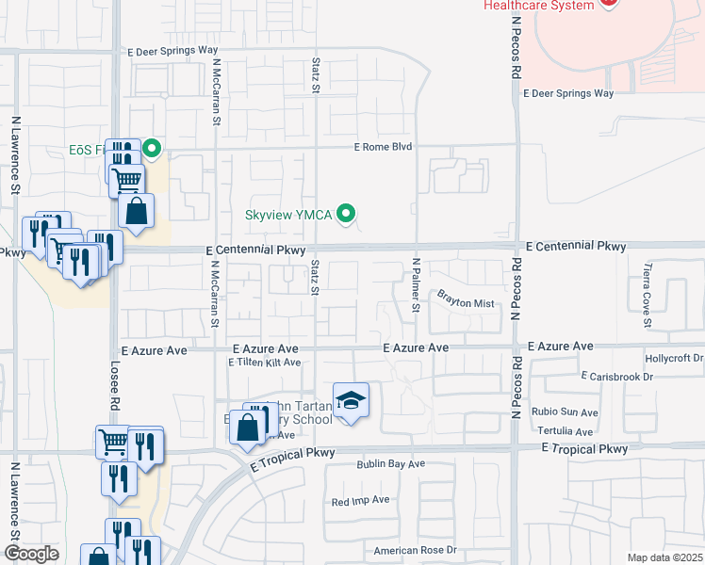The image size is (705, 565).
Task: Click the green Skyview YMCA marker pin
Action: (x=348, y=215)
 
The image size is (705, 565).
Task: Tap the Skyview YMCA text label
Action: (x=288, y=215)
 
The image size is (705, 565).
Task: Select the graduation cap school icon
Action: (x=351, y=401)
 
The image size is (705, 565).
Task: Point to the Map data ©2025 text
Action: (x=664, y=557)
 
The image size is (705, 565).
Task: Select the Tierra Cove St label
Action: (x=648, y=291)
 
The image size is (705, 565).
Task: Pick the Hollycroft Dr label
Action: (x=674, y=359)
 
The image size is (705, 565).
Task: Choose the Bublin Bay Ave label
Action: (x=390, y=464)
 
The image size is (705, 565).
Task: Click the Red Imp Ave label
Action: (x=360, y=500)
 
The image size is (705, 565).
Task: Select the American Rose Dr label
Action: (x=415, y=550)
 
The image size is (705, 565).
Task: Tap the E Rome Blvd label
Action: (x=384, y=147)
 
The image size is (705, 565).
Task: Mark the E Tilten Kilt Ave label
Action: (x=264, y=363)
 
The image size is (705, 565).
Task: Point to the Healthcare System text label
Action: (x=539, y=6)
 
